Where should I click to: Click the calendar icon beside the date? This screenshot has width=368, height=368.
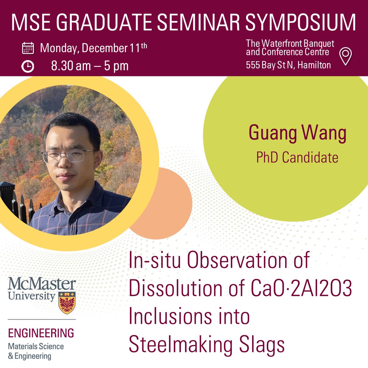(28, 48)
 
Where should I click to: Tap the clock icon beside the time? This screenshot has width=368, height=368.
(28, 66)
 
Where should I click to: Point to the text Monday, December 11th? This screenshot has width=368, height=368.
(94, 48)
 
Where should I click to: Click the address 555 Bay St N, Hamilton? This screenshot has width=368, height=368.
(288, 65)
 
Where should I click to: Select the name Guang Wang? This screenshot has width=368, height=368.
(297, 133)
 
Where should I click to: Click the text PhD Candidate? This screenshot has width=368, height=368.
(297, 157)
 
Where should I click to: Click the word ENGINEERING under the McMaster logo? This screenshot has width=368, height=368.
(41, 333)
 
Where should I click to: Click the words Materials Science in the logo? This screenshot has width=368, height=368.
(36, 347)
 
